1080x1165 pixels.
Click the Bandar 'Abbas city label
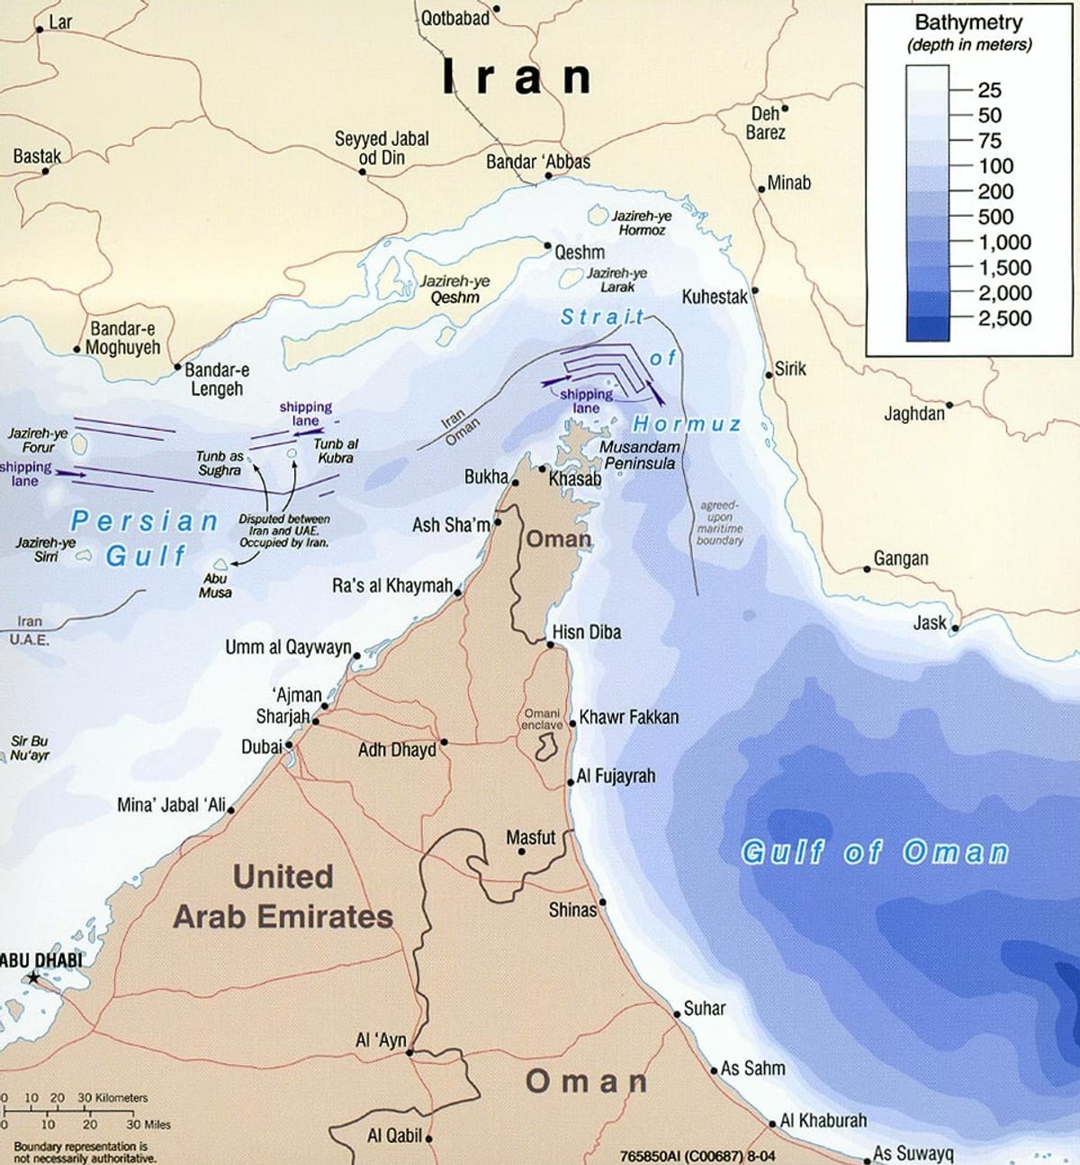click(x=538, y=162)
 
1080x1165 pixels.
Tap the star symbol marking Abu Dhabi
click(x=33, y=977)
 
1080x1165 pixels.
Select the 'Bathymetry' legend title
click(x=968, y=23)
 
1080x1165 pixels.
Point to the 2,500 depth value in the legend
click(x=1004, y=318)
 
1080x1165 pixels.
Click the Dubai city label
click(x=261, y=747)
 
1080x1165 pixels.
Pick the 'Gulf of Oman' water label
click(x=874, y=852)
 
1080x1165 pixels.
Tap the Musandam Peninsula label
click(x=640, y=455)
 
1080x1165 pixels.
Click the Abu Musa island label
click(x=215, y=586)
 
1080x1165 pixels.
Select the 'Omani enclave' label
click(x=542, y=719)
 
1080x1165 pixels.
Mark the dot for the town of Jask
click(x=955, y=628)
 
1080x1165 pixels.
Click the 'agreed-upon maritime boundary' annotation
click(x=719, y=523)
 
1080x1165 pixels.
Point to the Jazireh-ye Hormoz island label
click(x=642, y=223)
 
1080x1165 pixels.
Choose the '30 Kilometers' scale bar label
click(x=112, y=1098)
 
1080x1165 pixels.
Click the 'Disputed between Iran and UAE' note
click(x=283, y=531)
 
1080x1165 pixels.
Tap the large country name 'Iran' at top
click(x=517, y=78)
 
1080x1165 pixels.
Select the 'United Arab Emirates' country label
click(x=283, y=897)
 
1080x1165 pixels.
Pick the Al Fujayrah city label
click(x=616, y=775)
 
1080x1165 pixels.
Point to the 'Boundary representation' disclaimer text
click(x=80, y=1152)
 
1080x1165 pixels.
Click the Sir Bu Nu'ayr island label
click(x=30, y=748)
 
